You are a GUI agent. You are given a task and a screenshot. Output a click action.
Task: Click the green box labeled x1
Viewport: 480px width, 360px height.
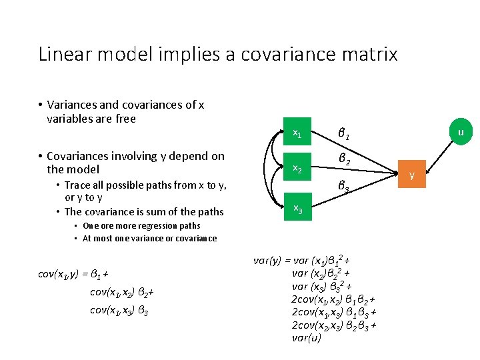pos(298,134)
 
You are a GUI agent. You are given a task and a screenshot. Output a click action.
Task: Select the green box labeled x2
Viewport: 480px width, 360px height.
pos(298,171)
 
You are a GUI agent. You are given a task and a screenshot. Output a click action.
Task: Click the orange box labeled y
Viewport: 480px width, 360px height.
pos(412,175)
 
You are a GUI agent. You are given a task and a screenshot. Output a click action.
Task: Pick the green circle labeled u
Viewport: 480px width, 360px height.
pos(460,133)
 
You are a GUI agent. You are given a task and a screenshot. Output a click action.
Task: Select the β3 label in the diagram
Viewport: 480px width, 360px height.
pos(344,188)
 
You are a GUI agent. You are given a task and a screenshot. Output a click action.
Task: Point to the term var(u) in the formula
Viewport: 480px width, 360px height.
pos(307,337)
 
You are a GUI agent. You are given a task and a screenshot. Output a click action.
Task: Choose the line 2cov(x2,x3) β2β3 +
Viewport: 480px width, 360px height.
pos(333,325)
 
